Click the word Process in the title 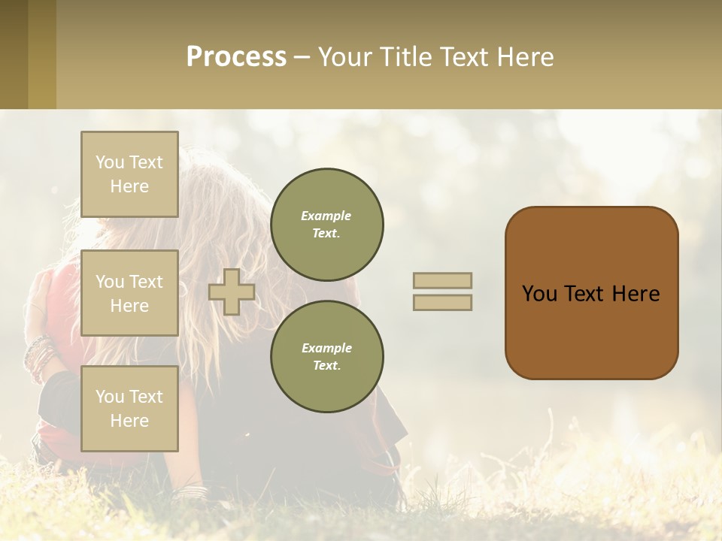236,57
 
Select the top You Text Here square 129,174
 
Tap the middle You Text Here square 129,293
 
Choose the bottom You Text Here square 129,409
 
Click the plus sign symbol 231,292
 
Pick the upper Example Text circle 326,225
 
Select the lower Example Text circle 326,357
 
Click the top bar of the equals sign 442,280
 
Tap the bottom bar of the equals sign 442,303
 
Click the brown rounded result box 591,293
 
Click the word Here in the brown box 636,294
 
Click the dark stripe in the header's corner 14,54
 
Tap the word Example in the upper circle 326,216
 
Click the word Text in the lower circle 326,366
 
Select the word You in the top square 109,162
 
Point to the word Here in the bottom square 129,421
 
